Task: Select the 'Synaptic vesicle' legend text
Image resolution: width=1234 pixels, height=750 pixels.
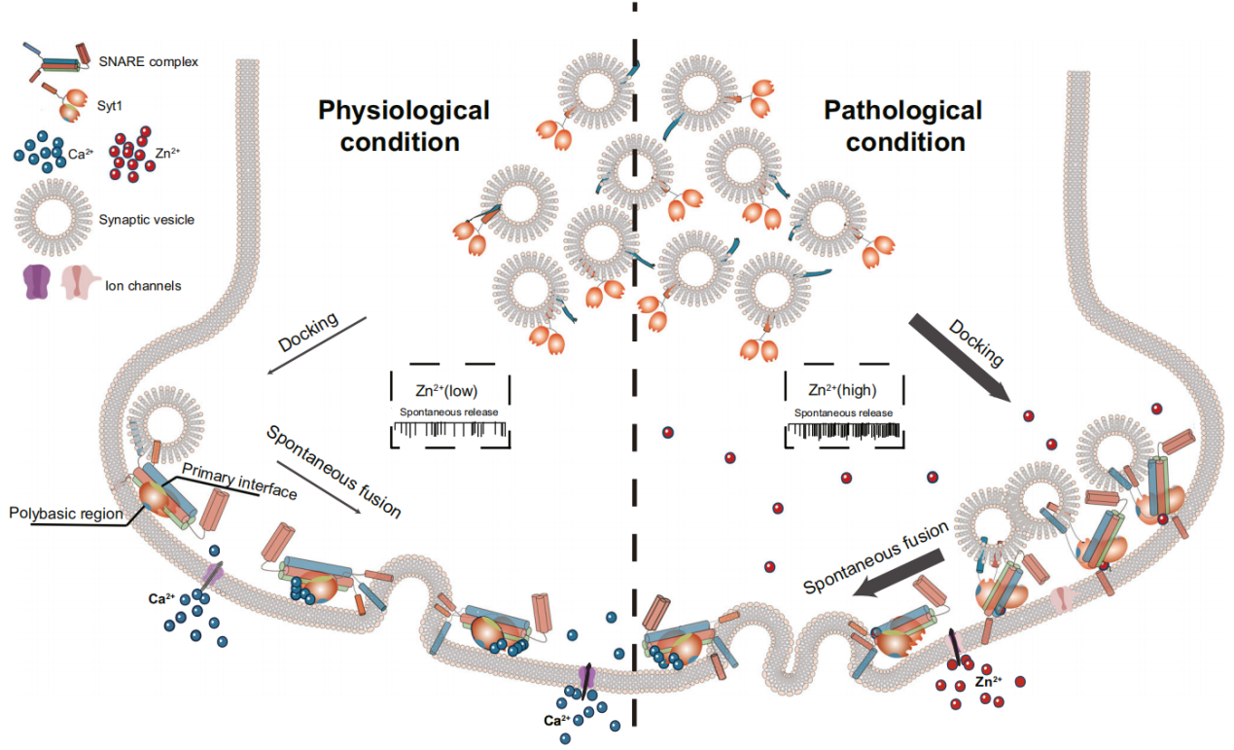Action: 147,220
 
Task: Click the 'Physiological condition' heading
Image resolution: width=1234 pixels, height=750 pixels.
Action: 404,125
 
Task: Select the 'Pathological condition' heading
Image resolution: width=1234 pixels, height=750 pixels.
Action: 903,125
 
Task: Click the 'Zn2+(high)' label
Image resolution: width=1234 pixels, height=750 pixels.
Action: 842,391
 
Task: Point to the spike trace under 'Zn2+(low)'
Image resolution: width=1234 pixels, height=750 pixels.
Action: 449,429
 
